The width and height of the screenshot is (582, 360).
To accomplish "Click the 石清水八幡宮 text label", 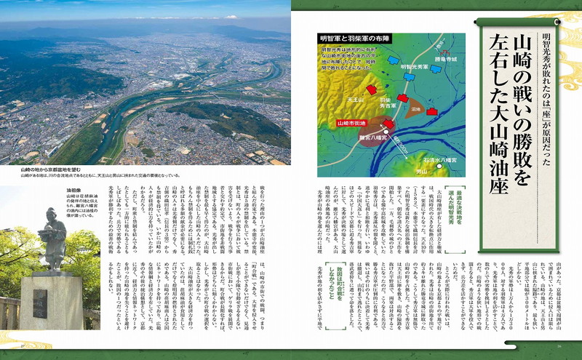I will (x=439, y=158).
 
